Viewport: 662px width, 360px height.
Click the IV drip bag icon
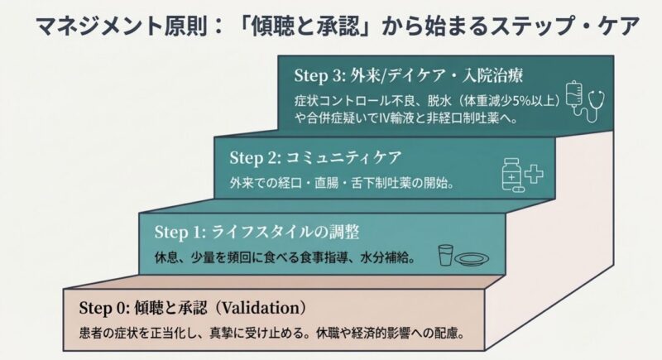point(573,96)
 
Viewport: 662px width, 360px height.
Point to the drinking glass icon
point(445,255)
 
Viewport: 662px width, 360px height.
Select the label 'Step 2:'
point(254,156)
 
